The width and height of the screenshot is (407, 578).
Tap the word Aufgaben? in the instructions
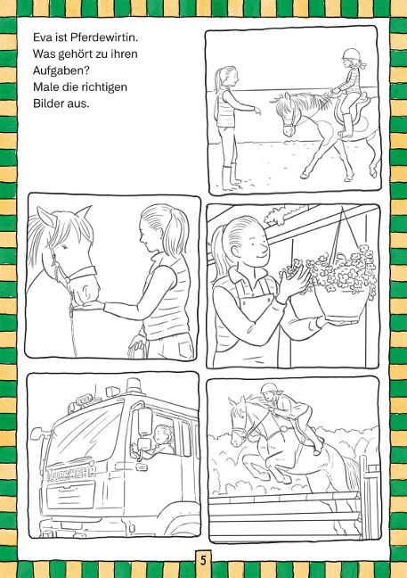61,70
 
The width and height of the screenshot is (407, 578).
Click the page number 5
203,560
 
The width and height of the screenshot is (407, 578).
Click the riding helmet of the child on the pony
350,54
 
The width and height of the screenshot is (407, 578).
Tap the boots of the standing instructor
230,178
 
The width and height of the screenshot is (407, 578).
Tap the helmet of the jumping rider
269,388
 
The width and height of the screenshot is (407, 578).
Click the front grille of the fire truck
72,495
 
